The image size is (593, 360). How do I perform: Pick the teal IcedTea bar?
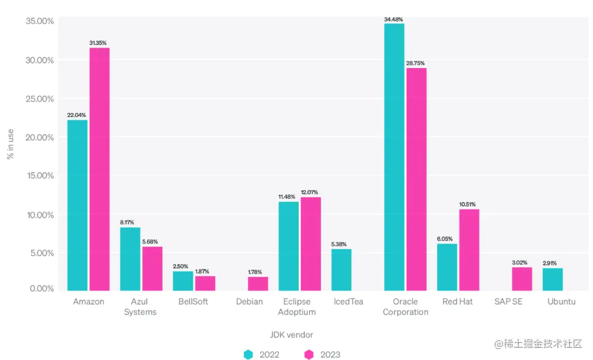coord(342,269)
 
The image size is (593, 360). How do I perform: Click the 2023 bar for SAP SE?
coord(522,279)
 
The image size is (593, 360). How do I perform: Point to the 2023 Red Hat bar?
coord(469,250)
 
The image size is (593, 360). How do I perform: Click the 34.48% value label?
coord(394,20)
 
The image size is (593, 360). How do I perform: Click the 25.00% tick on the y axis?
coord(40,99)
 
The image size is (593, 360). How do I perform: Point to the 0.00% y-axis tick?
coord(40,289)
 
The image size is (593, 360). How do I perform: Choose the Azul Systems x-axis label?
coord(140,307)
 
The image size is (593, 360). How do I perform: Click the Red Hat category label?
coord(458,301)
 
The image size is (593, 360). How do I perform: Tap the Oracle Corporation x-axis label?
coord(405,307)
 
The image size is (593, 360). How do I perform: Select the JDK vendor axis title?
coord(292,335)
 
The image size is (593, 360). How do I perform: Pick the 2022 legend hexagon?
coord(248,355)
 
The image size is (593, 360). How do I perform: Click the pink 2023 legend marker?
coord(309,355)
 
